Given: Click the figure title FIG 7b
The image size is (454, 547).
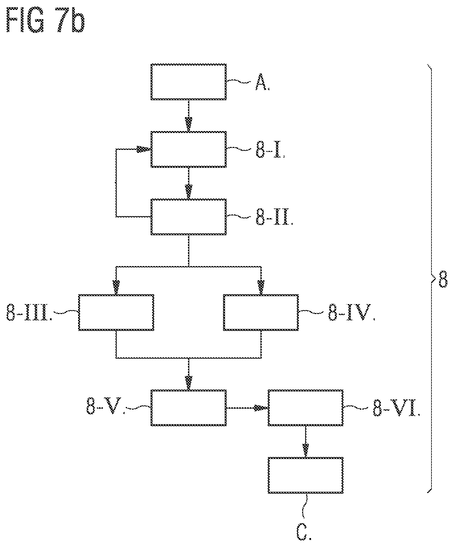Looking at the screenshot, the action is click(45, 21).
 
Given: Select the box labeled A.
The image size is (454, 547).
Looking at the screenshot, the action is click(189, 82).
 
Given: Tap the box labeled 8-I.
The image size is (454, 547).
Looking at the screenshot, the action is click(189, 149).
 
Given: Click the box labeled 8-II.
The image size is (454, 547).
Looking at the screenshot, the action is click(189, 217).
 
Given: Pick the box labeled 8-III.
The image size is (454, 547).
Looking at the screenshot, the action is click(116, 312).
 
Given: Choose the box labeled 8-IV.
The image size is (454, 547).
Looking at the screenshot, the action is click(261, 312).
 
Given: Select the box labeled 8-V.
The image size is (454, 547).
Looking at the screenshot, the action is click(189, 408).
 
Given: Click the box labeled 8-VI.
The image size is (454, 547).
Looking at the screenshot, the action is click(305, 408).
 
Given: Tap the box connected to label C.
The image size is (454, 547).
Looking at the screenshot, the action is click(305, 475).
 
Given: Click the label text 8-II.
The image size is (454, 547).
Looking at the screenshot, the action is click(274, 219).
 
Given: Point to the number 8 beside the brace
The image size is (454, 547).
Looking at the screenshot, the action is click(443, 280).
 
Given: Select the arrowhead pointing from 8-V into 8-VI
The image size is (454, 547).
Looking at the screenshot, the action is click(261, 408).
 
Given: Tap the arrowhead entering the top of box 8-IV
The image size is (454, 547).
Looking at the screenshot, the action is click(261, 287).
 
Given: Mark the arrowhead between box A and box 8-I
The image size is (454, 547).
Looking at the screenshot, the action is click(189, 125).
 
